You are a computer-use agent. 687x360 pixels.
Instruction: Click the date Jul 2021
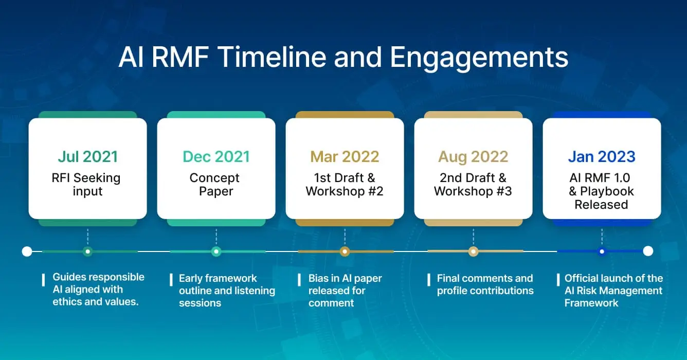tap(87, 156)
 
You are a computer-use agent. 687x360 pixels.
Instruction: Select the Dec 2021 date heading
tap(216, 156)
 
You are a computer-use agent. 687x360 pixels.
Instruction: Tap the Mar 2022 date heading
tap(345, 156)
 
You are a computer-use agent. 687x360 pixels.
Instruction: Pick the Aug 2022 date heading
tap(473, 156)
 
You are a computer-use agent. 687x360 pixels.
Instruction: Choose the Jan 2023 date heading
tap(602, 156)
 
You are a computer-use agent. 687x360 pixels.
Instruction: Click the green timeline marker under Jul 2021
tap(88, 251)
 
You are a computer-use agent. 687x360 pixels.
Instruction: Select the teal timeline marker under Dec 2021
tap(216, 251)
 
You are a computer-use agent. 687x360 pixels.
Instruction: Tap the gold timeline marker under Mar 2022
tap(345, 251)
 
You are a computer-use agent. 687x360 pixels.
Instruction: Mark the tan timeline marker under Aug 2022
tap(473, 251)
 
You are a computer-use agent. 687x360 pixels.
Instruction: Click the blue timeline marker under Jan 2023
tap(602, 251)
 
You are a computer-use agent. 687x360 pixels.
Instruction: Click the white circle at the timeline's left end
tap(27, 251)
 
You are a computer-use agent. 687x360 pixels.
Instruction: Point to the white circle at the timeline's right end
tap(648, 251)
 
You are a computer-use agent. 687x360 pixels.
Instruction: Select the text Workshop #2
tap(345, 191)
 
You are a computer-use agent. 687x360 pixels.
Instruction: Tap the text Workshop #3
tap(473, 191)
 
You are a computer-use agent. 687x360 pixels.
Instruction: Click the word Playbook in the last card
tap(607, 191)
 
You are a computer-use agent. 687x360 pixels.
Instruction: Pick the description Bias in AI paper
tap(345, 278)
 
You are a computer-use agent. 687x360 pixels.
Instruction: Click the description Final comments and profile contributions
tap(485, 284)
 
